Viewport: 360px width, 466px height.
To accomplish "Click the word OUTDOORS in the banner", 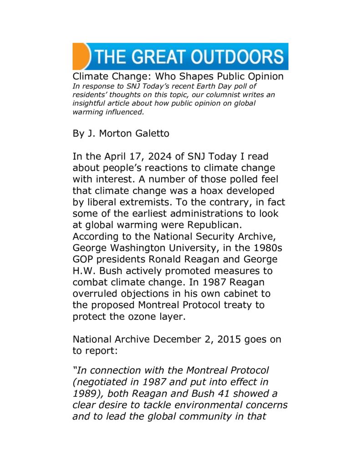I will pos(237,57).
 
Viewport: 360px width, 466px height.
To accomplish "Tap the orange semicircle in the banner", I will pos(80,56).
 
